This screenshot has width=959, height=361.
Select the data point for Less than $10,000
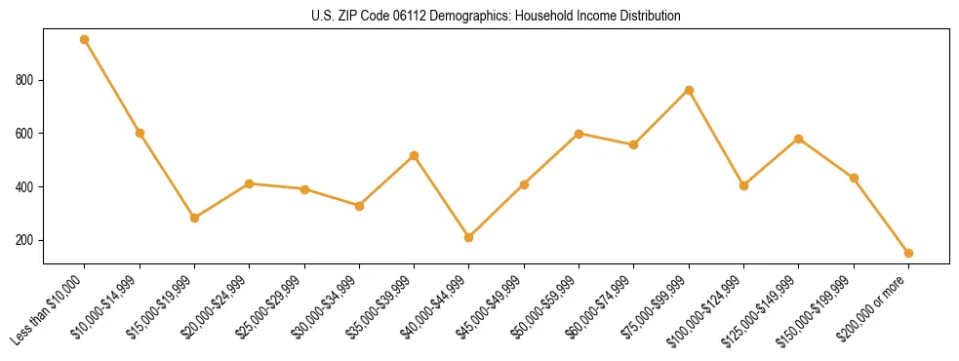point(85,40)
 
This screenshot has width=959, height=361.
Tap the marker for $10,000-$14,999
point(140,133)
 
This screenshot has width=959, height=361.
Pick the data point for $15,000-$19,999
point(195,218)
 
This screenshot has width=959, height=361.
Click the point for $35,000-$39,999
point(415,155)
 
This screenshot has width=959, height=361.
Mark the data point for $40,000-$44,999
point(469,237)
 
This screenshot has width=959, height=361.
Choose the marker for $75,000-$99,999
point(689,90)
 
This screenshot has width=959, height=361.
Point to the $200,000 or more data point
point(908,253)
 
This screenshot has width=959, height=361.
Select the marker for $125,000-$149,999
point(799,139)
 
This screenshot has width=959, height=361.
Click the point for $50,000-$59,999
point(579,134)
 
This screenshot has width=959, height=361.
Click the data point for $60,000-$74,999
point(634,144)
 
